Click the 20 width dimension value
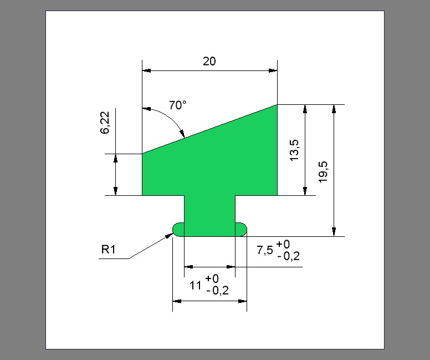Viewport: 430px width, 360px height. [209, 61]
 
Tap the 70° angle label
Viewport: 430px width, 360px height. [177, 105]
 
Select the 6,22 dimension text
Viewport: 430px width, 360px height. [105, 123]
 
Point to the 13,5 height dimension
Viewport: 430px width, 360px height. [294, 150]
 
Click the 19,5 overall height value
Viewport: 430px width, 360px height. [323, 171]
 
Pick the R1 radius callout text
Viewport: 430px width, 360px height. [108, 249]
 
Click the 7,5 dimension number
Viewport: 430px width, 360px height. [265, 250]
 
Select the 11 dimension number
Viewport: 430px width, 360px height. [196, 286]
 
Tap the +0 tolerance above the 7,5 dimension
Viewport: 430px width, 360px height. [283, 244]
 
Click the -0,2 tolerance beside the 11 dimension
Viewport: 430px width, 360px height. [217, 291]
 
